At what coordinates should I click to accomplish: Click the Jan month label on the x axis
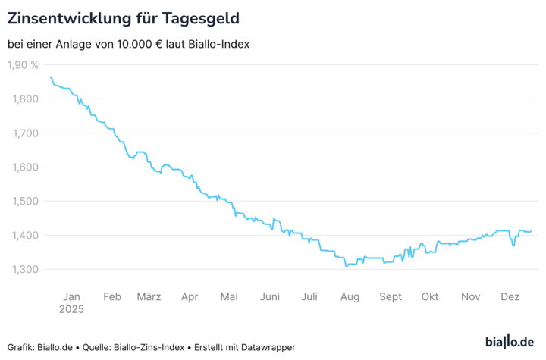71,296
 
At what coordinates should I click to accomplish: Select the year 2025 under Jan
71,309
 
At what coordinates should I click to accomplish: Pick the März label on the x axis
148,296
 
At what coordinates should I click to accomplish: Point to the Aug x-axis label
350,296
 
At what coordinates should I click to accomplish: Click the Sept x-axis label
391,296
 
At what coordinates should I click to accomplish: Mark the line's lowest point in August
346,266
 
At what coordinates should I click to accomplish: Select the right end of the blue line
532,231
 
